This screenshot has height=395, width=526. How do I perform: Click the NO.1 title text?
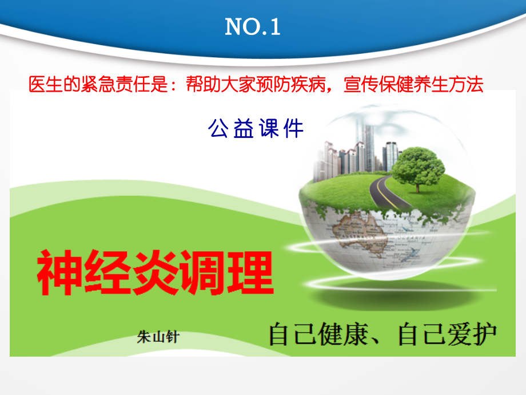(x=253, y=27)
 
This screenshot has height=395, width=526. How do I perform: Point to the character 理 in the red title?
(x=250, y=274)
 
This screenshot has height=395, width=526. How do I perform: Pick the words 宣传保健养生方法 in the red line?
(x=413, y=85)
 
